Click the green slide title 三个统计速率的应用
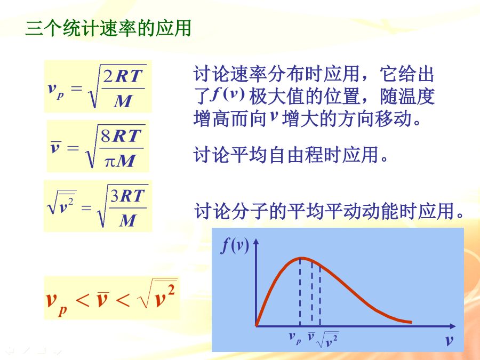click(108, 28)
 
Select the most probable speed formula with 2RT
click(98, 86)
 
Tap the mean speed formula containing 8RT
click(98, 146)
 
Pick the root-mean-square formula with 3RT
click(98, 206)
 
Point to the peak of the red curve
click(301, 258)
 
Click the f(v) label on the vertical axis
click(235, 245)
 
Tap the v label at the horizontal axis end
click(449, 340)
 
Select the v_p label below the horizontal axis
click(295, 338)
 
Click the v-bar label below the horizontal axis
click(311, 336)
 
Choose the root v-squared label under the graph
click(327, 340)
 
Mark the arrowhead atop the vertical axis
click(256, 242)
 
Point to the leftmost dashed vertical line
click(300, 292)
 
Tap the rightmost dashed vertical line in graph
click(320, 295)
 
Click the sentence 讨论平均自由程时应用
click(291, 155)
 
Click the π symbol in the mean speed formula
click(110, 162)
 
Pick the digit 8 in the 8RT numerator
click(106, 136)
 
